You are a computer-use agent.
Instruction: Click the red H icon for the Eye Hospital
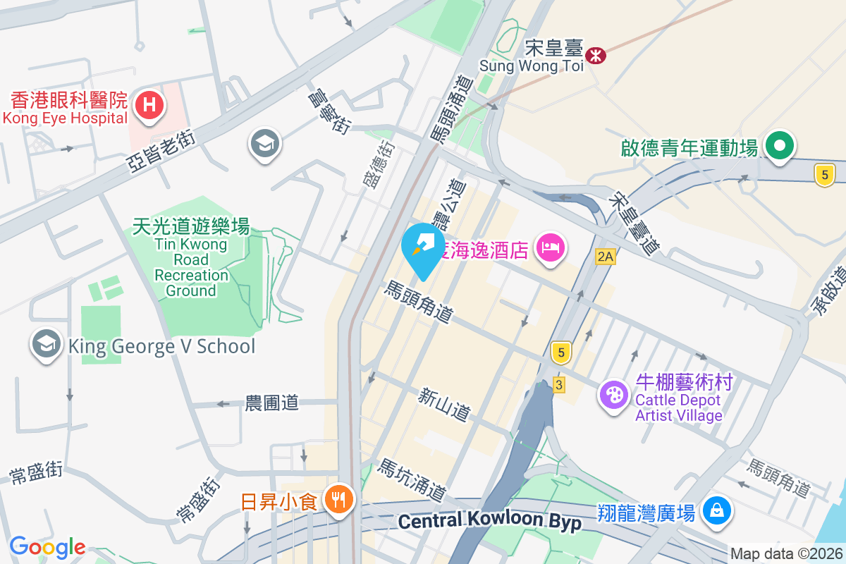coord(149,106)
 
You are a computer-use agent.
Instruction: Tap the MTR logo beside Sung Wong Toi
coord(596,54)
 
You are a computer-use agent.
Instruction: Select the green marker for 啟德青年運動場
coord(780,146)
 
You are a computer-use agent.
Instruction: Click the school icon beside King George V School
coord(47,345)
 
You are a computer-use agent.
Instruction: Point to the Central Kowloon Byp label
coord(489,522)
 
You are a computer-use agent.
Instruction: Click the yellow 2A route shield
coord(605,257)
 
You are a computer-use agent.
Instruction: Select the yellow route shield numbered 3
coord(559,384)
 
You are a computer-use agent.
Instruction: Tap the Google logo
coord(47,546)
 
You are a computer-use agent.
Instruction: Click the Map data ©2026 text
coord(785,554)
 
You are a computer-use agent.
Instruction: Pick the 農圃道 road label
coord(271,403)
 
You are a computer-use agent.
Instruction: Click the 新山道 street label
coord(443,404)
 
